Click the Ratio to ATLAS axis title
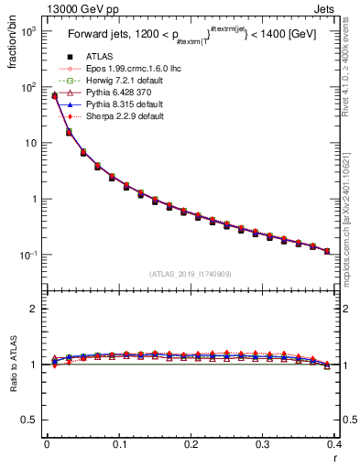pyautogui.click(x=11, y=365)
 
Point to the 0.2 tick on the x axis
pyautogui.click(x=191, y=446)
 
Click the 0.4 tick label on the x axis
pyautogui.click(x=333, y=446)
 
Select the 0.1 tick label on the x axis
pyautogui.click(x=118, y=446)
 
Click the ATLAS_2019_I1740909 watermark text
pyautogui.click(x=191, y=274)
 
